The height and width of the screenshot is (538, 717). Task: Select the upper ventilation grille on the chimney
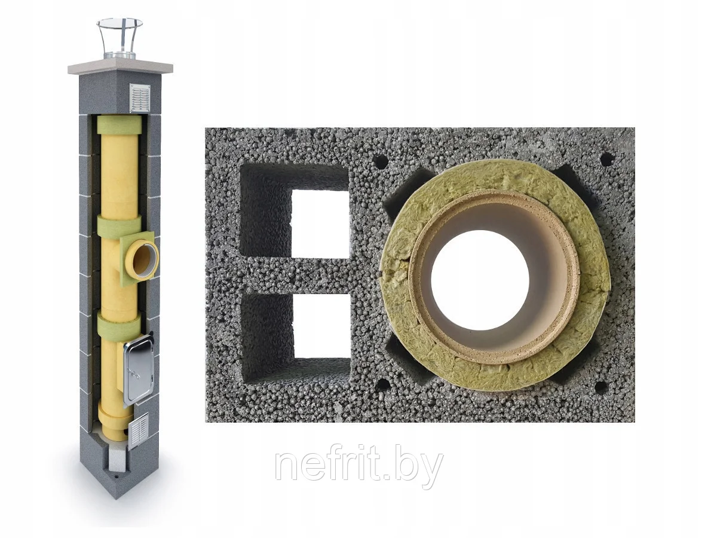coord(140,97)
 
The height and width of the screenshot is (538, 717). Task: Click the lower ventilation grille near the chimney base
coord(139,430)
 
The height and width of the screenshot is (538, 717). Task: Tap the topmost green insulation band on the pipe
coord(119,126)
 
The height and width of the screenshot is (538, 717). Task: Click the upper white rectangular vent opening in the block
coord(320,224)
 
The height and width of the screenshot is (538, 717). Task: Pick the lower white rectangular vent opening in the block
coord(321,326)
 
